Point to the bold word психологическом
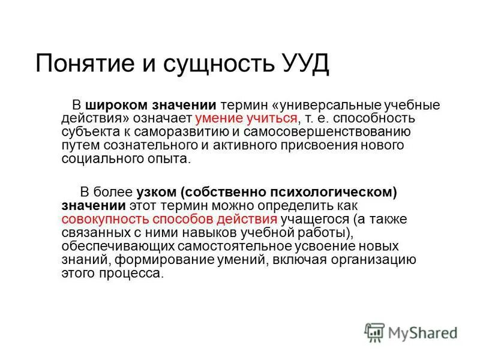[x=337, y=192]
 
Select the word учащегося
[x=314, y=219]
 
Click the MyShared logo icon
[x=375, y=331]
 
